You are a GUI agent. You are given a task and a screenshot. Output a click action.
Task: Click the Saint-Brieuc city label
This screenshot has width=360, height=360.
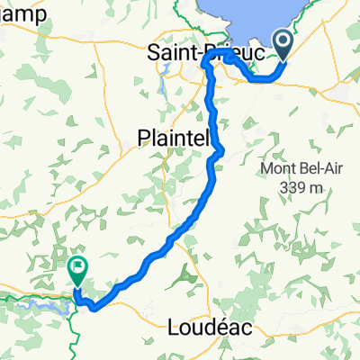coord(206,54)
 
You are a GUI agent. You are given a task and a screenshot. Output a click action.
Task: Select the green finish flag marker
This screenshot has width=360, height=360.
coord(77,267)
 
